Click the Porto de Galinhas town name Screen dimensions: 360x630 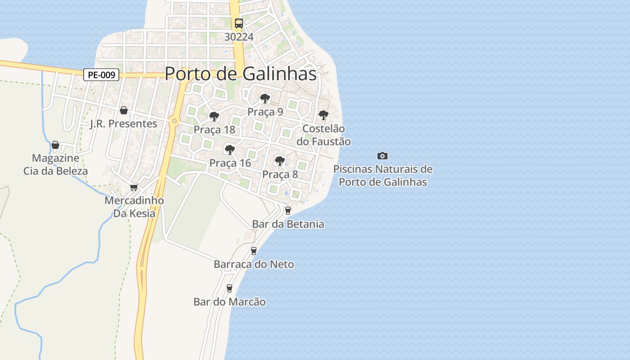click(241, 74)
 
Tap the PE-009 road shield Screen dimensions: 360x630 click(101, 75)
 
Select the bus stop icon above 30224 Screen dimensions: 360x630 click(239, 23)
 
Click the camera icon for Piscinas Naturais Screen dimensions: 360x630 click(382, 156)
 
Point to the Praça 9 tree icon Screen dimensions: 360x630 click(265, 98)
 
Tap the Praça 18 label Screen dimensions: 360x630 click(214, 130)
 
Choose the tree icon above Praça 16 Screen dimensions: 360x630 click(230, 149)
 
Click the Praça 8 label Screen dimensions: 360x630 click(280, 174)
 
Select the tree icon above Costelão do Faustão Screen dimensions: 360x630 click(323, 115)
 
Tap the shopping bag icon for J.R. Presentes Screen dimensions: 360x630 click(124, 110)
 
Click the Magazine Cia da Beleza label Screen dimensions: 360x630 click(56, 165)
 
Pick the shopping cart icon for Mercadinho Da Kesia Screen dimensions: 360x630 click(134, 188)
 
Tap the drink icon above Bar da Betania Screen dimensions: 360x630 click(288, 210)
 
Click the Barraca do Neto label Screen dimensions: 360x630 click(254, 264)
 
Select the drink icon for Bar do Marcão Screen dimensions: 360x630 click(229, 288)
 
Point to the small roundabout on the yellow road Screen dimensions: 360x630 click(174, 120)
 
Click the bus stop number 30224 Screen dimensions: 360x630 click(239, 37)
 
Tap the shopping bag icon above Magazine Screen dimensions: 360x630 click(55, 145)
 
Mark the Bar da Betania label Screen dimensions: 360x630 click(288, 224)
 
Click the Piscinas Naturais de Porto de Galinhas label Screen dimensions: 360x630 click(382, 175)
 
